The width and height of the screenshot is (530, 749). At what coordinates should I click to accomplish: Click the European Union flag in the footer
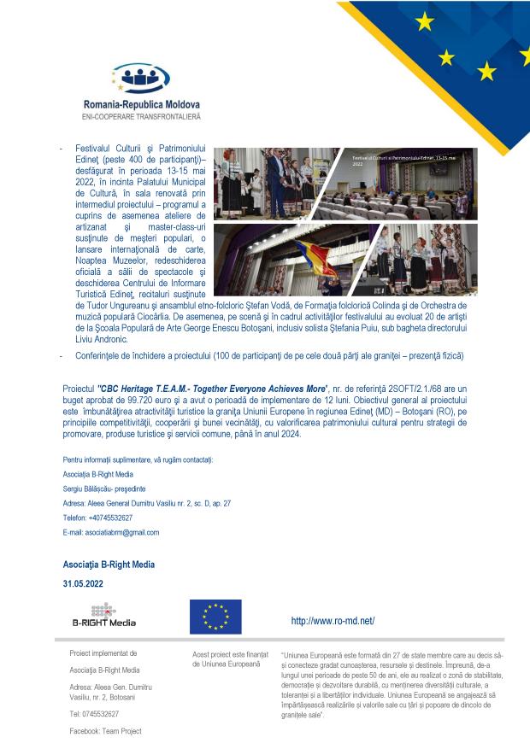[215, 617]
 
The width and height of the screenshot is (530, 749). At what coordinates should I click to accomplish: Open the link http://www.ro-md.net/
[333, 621]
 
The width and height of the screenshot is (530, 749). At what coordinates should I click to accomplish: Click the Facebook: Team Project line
[106, 731]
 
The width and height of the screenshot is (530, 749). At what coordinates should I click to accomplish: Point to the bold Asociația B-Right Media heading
[109, 565]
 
